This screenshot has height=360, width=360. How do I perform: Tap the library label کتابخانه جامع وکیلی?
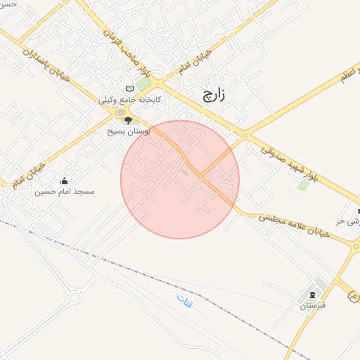click(130, 100)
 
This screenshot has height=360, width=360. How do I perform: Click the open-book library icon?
click(129, 88)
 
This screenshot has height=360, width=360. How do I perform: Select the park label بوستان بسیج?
click(126, 131)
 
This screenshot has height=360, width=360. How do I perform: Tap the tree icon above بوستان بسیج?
click(127, 121)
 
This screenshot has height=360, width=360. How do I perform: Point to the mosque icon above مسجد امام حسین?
click(65, 181)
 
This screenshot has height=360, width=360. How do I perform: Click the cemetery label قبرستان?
click(310, 307)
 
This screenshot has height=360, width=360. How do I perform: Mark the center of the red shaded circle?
click(180, 179)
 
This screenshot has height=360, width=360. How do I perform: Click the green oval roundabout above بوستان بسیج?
click(120, 112)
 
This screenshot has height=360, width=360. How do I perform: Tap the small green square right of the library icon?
click(143, 85)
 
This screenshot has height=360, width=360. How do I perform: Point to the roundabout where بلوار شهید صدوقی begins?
click(245, 135)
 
